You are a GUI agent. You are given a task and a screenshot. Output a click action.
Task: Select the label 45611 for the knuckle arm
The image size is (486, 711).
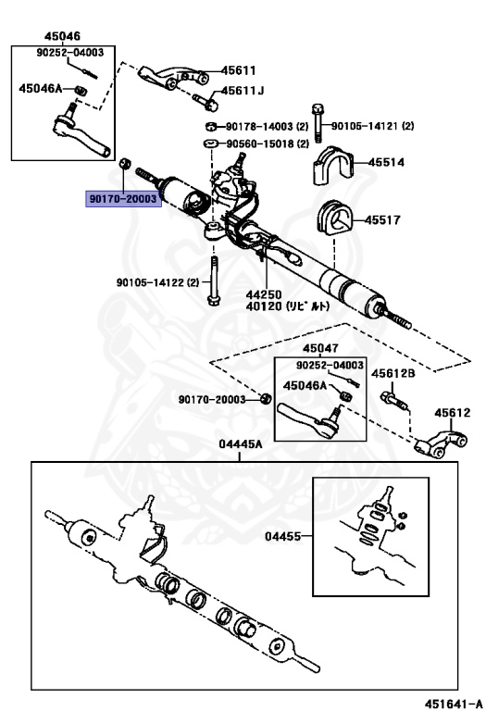coord(238,70)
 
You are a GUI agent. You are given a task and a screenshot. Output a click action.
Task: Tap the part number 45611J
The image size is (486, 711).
coord(242,91)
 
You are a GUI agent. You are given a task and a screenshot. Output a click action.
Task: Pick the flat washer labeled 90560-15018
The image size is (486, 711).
coord(211,143)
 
